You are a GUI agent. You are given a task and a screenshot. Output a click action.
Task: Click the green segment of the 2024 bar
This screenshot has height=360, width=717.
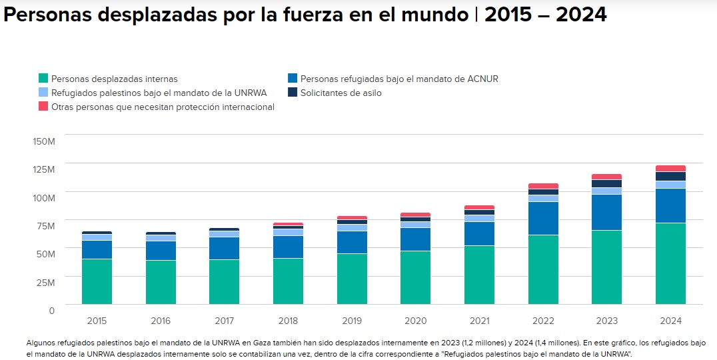pyautogui.click(x=670, y=263)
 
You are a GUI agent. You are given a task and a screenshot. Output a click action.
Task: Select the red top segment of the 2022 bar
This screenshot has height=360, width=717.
pyautogui.click(x=542, y=186)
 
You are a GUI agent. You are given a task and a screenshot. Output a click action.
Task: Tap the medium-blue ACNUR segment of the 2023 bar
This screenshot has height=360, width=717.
pyautogui.click(x=606, y=213)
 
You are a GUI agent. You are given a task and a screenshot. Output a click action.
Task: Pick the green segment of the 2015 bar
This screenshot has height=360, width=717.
pyautogui.click(x=97, y=281)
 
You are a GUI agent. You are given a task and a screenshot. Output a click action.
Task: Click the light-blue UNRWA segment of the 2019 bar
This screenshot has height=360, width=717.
pyautogui.click(x=352, y=227)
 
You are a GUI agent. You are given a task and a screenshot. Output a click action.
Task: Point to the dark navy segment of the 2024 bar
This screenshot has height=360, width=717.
pyautogui.click(x=670, y=176)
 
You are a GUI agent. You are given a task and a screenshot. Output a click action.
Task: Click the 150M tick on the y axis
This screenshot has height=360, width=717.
pyautogui.click(x=43, y=141)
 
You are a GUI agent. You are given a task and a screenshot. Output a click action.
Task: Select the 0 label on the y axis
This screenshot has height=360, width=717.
pyautogui.click(x=51, y=310)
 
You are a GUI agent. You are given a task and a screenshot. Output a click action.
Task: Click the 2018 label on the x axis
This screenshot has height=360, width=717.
pyautogui.click(x=288, y=321)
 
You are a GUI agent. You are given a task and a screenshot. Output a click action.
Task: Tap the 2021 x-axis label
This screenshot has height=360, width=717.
pyautogui.click(x=479, y=321)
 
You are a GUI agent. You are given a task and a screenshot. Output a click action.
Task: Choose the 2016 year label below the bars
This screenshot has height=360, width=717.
pyautogui.click(x=161, y=321)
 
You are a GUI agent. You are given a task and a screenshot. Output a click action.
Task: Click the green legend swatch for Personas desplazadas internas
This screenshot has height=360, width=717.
pyautogui.click(x=43, y=79)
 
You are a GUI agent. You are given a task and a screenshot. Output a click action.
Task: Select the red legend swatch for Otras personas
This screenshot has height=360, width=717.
pyautogui.click(x=43, y=107)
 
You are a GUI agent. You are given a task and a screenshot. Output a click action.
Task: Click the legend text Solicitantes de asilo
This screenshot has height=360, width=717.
pyautogui.click(x=341, y=93)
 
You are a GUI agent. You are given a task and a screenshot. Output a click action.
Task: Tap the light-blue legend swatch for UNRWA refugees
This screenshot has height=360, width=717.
pyautogui.click(x=43, y=93)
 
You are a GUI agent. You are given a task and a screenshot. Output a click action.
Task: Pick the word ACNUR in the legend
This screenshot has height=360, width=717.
pyautogui.click(x=483, y=79)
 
